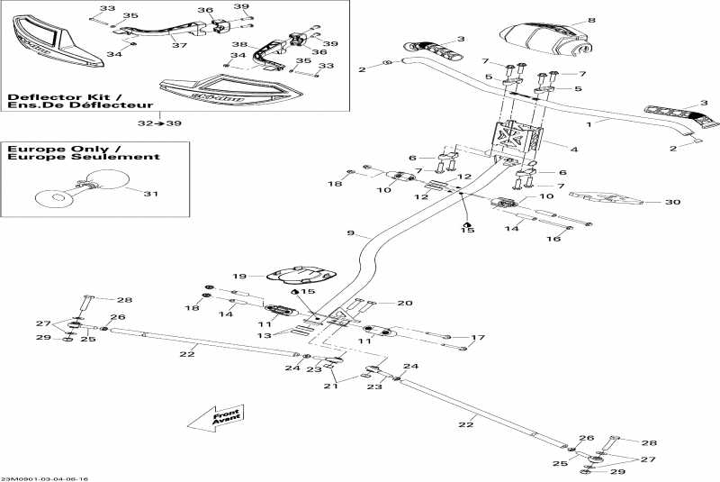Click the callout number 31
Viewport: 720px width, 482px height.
coord(150,194)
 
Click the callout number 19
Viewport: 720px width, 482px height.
coord(238,276)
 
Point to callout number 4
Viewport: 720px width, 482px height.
coord(573,147)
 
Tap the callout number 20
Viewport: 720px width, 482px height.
coord(405,303)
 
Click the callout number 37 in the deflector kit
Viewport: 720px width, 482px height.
coord(178,45)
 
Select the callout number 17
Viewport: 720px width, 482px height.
coord(478,338)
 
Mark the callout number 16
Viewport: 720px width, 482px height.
coord(554,240)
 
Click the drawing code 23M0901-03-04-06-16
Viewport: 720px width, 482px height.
coord(45,478)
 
